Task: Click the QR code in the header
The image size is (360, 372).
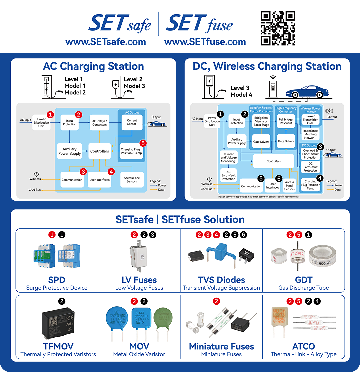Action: coord(278,28)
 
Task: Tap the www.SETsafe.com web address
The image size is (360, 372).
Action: coord(106,42)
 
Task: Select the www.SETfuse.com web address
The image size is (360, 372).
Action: coord(205,42)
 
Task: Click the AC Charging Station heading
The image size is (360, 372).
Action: coord(93,66)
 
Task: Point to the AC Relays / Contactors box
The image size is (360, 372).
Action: coord(100,123)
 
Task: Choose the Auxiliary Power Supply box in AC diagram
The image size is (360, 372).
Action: coord(69,151)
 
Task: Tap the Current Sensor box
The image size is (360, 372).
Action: coord(132,122)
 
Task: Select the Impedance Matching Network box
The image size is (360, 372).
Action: coord(310,134)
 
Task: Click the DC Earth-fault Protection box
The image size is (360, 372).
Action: coord(310,167)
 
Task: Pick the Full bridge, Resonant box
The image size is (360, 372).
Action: coord(285,121)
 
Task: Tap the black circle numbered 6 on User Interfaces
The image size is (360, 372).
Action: coord(279,179)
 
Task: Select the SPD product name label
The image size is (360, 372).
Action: coord(57,280)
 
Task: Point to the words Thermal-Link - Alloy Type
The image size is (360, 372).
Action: coord(303,354)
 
